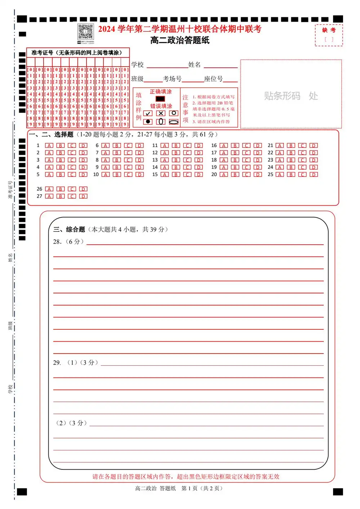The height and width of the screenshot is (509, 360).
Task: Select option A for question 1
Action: (x=49, y=145)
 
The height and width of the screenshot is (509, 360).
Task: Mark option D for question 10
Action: (x=139, y=175)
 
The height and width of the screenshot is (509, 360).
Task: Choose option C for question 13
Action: (x=187, y=160)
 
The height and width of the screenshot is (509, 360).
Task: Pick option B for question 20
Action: (x=235, y=175)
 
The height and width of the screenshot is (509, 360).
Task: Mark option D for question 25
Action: (x=314, y=175)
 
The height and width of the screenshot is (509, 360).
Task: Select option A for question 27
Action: (x=49, y=197)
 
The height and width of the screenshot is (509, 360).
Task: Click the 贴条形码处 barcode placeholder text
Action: (x=291, y=96)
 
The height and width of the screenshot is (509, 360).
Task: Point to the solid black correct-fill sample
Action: (x=160, y=99)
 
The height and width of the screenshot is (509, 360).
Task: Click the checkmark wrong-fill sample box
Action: (x=148, y=113)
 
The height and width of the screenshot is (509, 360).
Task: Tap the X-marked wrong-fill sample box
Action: (x=161, y=113)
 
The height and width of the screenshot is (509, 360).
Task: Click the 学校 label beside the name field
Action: (x=138, y=65)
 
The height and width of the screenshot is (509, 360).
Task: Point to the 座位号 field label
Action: (x=213, y=79)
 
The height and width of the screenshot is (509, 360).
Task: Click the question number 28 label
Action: (x=57, y=242)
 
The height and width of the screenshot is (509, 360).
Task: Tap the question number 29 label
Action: (x=57, y=362)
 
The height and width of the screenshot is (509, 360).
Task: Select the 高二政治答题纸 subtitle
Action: (x=180, y=40)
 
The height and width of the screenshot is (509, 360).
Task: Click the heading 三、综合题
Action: (x=69, y=229)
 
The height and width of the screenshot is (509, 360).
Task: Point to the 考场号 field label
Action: (x=172, y=79)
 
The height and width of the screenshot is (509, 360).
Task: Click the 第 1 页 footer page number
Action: (x=189, y=488)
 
